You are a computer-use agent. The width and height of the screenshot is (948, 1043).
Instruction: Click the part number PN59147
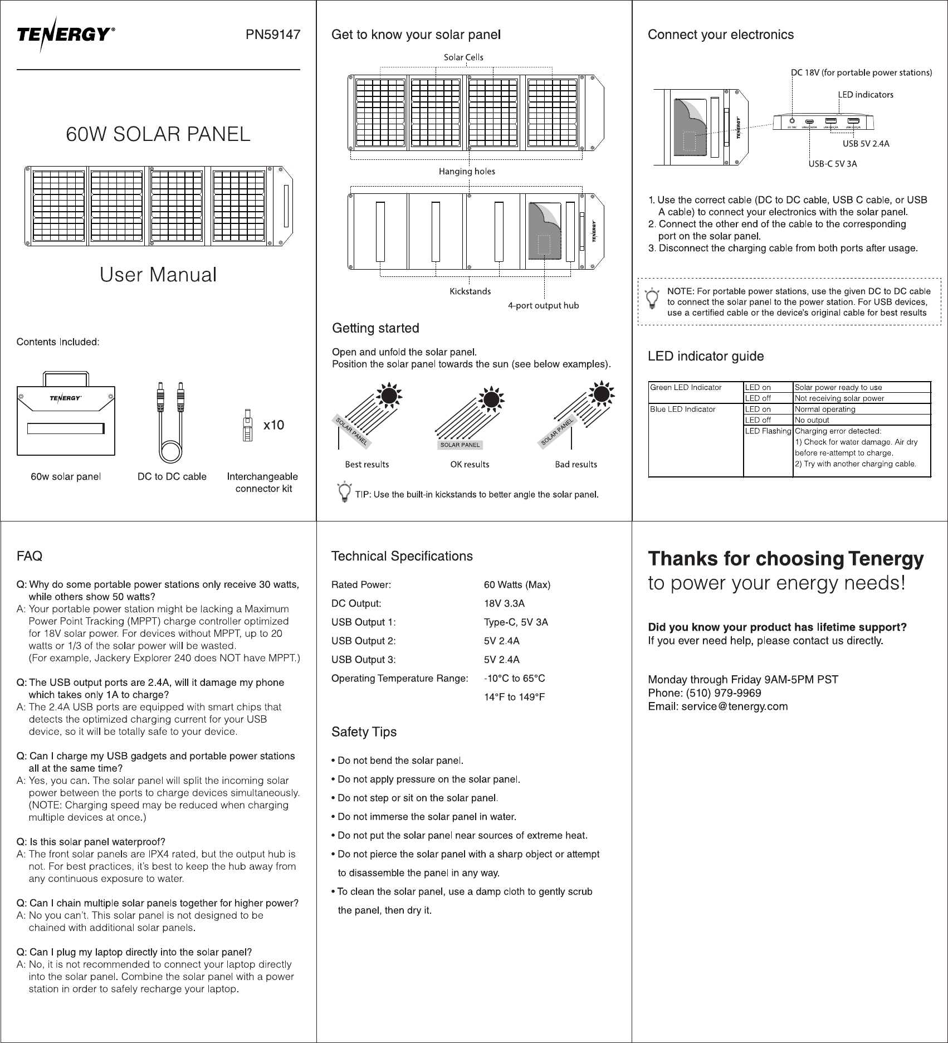[273, 35]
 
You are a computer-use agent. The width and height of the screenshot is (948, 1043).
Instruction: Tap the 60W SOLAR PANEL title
[158, 134]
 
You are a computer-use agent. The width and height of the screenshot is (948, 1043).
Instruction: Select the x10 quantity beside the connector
[273, 425]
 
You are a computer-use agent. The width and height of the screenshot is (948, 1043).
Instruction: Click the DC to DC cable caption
[172, 476]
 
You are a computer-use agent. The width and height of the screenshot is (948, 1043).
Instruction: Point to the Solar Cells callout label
[463, 57]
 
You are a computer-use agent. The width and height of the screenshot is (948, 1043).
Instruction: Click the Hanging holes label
[467, 172]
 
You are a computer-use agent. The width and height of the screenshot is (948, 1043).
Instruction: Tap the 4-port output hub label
[543, 305]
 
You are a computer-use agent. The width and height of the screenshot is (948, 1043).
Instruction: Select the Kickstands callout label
[470, 291]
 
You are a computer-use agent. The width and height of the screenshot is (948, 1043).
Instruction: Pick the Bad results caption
[575, 464]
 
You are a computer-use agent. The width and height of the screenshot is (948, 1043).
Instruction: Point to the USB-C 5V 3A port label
[832, 164]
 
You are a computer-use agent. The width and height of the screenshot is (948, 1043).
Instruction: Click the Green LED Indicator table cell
[686, 387]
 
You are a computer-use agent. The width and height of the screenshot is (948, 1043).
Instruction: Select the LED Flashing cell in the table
[768, 431]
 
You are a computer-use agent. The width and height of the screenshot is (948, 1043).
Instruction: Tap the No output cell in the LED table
[812, 420]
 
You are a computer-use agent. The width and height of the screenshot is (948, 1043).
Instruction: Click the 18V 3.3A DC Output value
[504, 603]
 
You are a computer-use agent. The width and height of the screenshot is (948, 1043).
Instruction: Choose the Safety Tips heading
[364, 732]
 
